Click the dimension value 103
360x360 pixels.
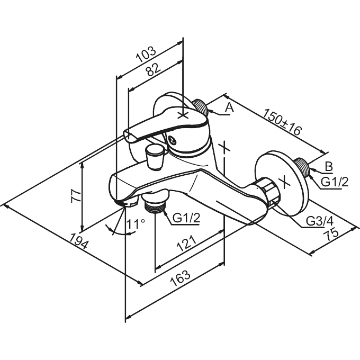point(146,55)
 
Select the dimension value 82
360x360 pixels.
point(154,69)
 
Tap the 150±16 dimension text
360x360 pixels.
point(282,122)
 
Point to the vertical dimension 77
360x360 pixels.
point(76,195)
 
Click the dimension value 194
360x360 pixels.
point(79,241)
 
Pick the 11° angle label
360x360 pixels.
point(136,224)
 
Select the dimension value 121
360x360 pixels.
point(186,243)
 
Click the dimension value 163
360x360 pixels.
point(180,278)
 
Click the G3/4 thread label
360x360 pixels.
point(320,221)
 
